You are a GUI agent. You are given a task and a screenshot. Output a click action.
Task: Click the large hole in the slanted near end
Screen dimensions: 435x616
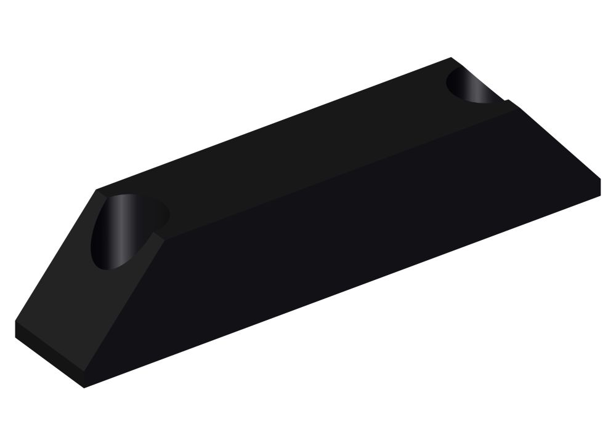point(126,231)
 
